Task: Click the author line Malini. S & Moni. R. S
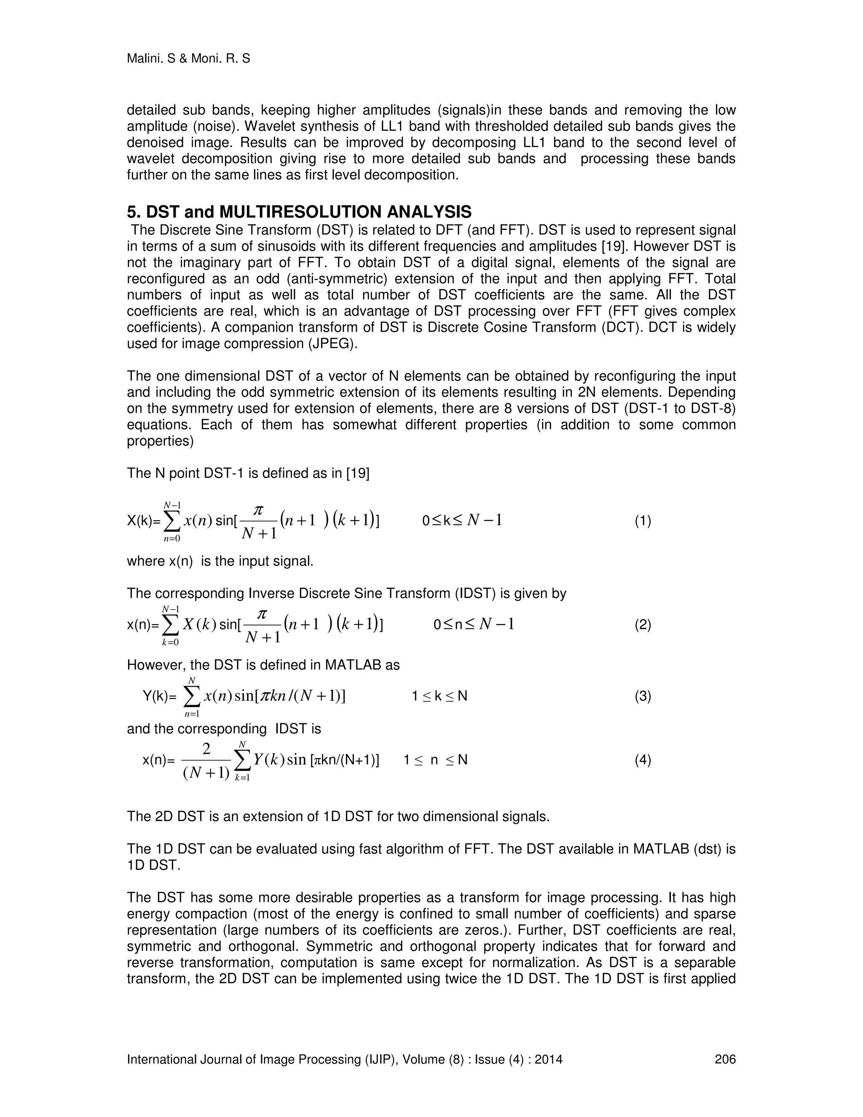pyautogui.click(x=188, y=59)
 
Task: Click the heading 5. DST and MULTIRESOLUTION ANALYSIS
pyautogui.click(x=299, y=212)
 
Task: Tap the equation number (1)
pyautogui.click(x=643, y=521)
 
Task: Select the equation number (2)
pyautogui.click(x=643, y=625)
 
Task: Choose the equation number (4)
pyautogui.click(x=643, y=760)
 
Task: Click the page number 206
pyautogui.click(x=724, y=1059)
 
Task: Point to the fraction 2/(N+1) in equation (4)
pyautogui.click(x=206, y=761)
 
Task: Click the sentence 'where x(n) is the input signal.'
pyautogui.click(x=220, y=561)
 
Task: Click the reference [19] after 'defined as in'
pyautogui.click(x=357, y=473)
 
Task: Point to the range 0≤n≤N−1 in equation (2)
pyautogui.click(x=473, y=625)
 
